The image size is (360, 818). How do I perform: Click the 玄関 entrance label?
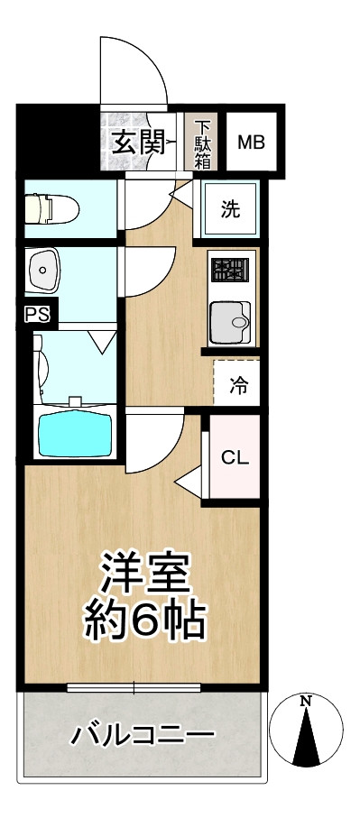point(137,141)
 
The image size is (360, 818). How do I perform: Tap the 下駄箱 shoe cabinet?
point(203,142)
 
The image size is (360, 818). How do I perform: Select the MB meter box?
point(250,142)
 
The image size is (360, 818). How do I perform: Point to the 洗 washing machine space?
point(231,211)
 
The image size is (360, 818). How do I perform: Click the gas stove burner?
point(229,270)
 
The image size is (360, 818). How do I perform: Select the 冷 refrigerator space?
point(238,386)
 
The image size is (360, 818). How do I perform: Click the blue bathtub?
point(73,431)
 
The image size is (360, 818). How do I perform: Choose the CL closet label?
point(235,455)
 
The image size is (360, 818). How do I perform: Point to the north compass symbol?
point(308,732)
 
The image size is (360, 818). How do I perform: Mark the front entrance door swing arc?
point(135,72)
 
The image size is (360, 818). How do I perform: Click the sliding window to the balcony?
point(135,689)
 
